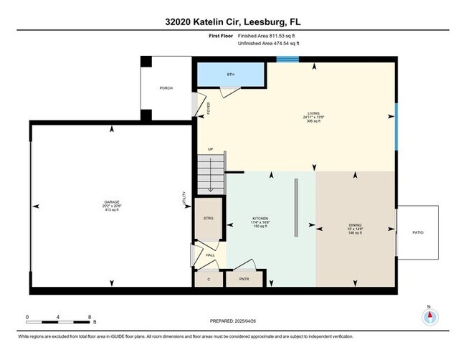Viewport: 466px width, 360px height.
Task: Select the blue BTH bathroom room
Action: [231, 75]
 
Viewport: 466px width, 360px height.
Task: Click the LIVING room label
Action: [313, 113]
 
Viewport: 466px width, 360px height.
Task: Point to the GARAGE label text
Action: [112, 204]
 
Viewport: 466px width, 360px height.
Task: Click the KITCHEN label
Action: [260, 218]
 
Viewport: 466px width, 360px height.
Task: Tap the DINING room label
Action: [356, 225]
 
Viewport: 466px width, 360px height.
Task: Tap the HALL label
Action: [210, 255]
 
